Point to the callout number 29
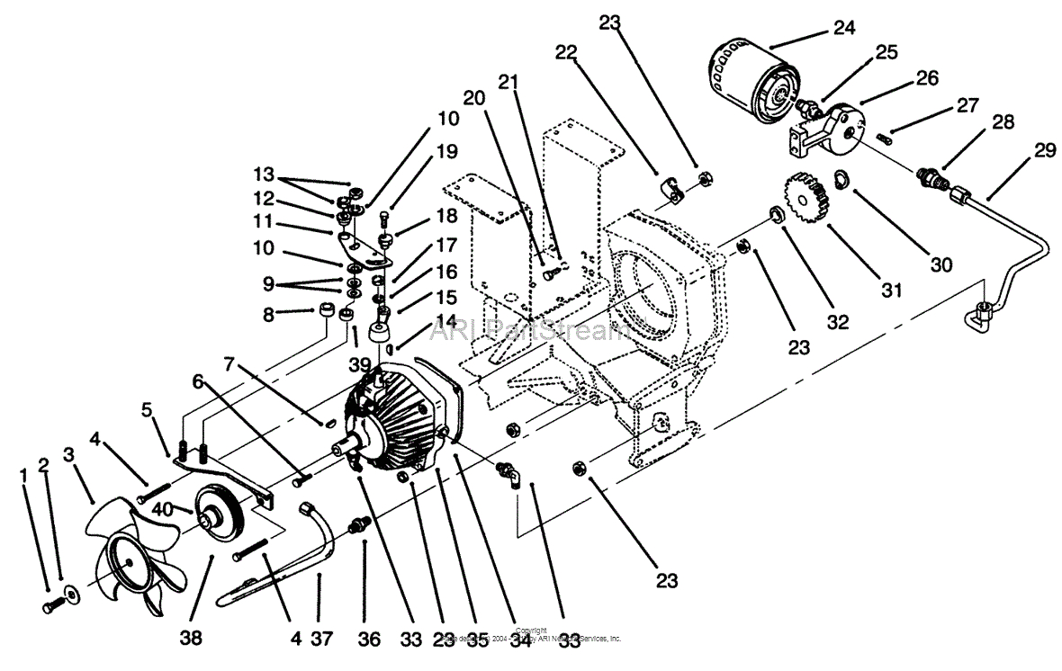point(1044,151)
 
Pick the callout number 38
point(191,638)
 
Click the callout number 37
point(320,638)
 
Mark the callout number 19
point(448,153)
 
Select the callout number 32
point(838,321)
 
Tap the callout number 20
point(474,98)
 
